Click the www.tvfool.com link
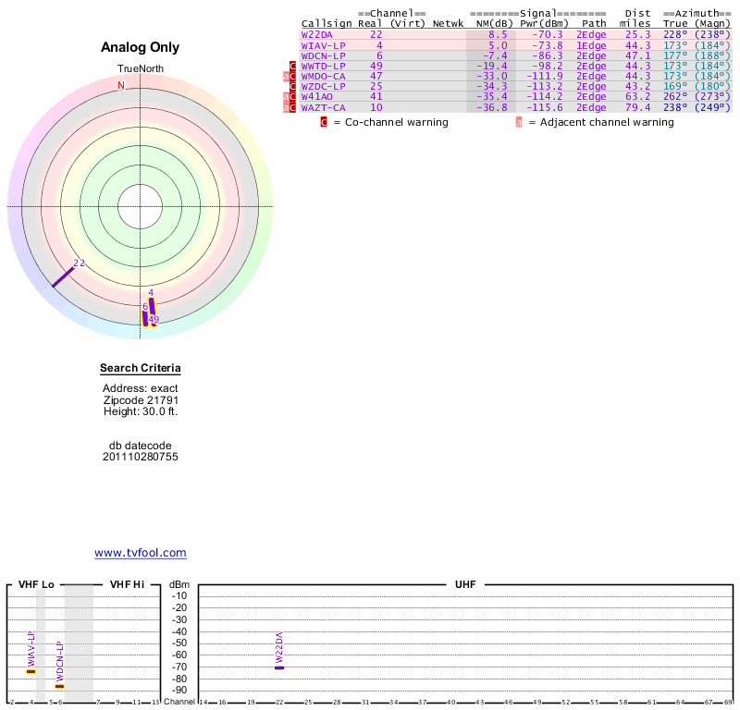[x=141, y=553]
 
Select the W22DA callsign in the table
[x=316, y=34]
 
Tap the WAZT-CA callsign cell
[x=323, y=107]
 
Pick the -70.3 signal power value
[x=541, y=34]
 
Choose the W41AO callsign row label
[x=316, y=96]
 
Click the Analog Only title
[x=140, y=47]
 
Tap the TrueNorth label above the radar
[x=140, y=69]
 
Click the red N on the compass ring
[x=120, y=85]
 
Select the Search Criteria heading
[x=141, y=369]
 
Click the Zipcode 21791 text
[x=141, y=399]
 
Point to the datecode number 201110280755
[x=141, y=457]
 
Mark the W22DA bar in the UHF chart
[x=279, y=667]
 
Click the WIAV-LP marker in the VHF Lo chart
[x=31, y=671]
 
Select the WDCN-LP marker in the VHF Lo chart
[x=59, y=686]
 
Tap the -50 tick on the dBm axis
[x=179, y=643]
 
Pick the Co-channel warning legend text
[x=390, y=122]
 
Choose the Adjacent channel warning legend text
[x=600, y=122]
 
